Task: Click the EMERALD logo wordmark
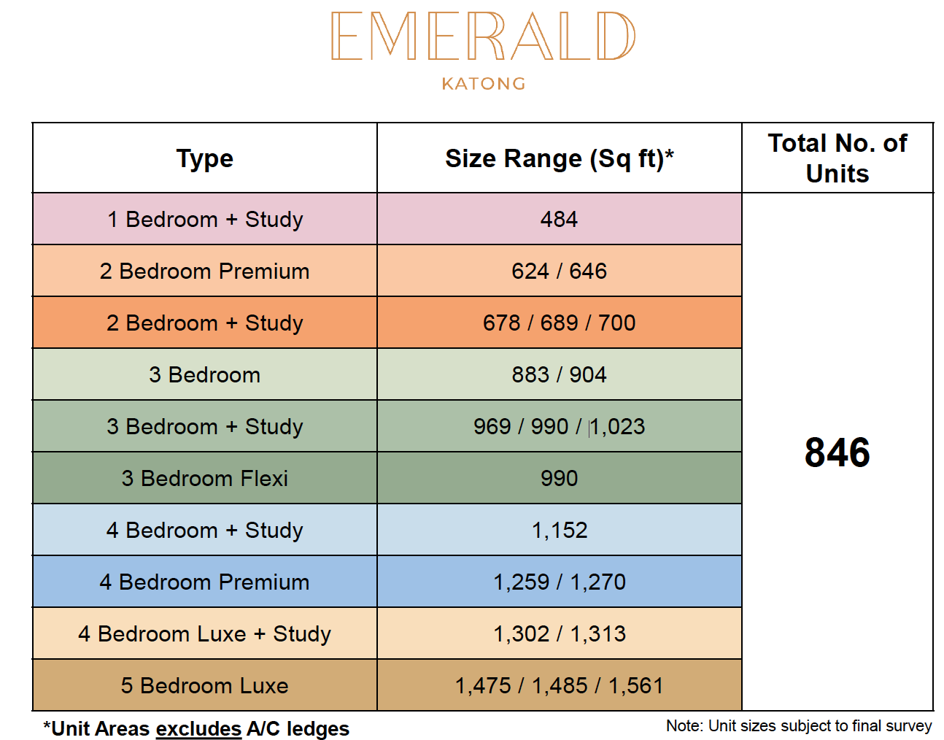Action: (483, 36)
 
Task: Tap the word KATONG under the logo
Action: (484, 83)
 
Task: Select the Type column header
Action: (204, 158)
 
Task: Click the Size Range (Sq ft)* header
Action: (559, 158)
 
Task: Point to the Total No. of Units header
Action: (837, 158)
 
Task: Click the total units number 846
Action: (837, 452)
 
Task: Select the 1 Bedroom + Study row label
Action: (204, 219)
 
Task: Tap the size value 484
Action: (559, 219)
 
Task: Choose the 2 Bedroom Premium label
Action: (204, 271)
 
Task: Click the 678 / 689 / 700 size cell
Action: (559, 323)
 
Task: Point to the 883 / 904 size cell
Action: (559, 374)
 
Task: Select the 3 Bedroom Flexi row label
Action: (204, 479)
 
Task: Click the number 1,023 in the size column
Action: (617, 427)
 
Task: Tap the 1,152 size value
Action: (560, 531)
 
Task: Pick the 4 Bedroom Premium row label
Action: (204, 582)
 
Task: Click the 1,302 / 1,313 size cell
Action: (560, 634)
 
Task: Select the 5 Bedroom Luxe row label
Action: (204, 686)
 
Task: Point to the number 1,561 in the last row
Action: (636, 686)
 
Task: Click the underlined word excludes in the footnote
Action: (198, 729)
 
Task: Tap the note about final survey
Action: (799, 725)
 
